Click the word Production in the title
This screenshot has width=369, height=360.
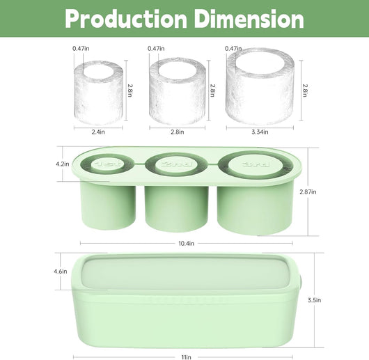point(126,19)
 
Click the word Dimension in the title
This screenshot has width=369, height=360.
point(249,19)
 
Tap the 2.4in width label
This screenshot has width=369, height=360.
point(98,132)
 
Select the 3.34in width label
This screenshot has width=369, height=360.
point(260,132)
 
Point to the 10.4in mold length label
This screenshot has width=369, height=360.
point(186,243)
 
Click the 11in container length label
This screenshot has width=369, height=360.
point(186,357)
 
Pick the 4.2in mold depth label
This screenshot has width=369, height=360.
point(63,164)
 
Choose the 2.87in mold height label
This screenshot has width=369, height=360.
point(308,191)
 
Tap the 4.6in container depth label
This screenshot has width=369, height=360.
point(61,272)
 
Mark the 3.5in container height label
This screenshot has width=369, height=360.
point(315,300)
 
